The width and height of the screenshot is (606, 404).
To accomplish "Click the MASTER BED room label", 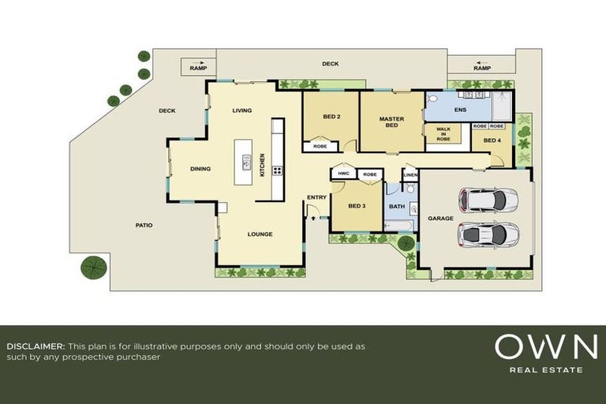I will pyautogui.click(x=391, y=122).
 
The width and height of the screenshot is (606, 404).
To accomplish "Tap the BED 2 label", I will pyautogui.click(x=331, y=117).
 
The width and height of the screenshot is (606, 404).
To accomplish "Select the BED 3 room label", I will pyautogui.click(x=357, y=206).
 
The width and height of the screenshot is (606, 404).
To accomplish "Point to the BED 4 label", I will pyautogui.click(x=492, y=140).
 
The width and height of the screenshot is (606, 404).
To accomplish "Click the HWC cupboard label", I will pyautogui.click(x=343, y=174).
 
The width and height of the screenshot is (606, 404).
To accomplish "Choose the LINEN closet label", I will pyautogui.click(x=410, y=175).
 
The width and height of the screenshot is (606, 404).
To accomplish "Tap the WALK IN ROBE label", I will pyautogui.click(x=443, y=134).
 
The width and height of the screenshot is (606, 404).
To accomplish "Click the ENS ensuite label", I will pyautogui.click(x=461, y=109).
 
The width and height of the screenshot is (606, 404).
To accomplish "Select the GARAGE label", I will pyautogui.click(x=440, y=218).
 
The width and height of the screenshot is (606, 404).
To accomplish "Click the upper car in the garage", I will pyautogui.click(x=488, y=200).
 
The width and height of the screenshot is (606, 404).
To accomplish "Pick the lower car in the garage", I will pyautogui.click(x=488, y=234).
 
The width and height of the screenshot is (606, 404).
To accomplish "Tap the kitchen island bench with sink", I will pyautogui.click(x=246, y=161).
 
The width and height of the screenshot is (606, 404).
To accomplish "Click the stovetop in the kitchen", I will pyautogui.click(x=277, y=170).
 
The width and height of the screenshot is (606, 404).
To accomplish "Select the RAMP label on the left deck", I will pyautogui.click(x=197, y=69).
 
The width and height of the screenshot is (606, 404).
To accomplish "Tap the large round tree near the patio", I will pyautogui.click(x=94, y=267).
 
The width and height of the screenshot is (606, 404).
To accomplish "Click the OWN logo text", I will pyautogui.click(x=545, y=347).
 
